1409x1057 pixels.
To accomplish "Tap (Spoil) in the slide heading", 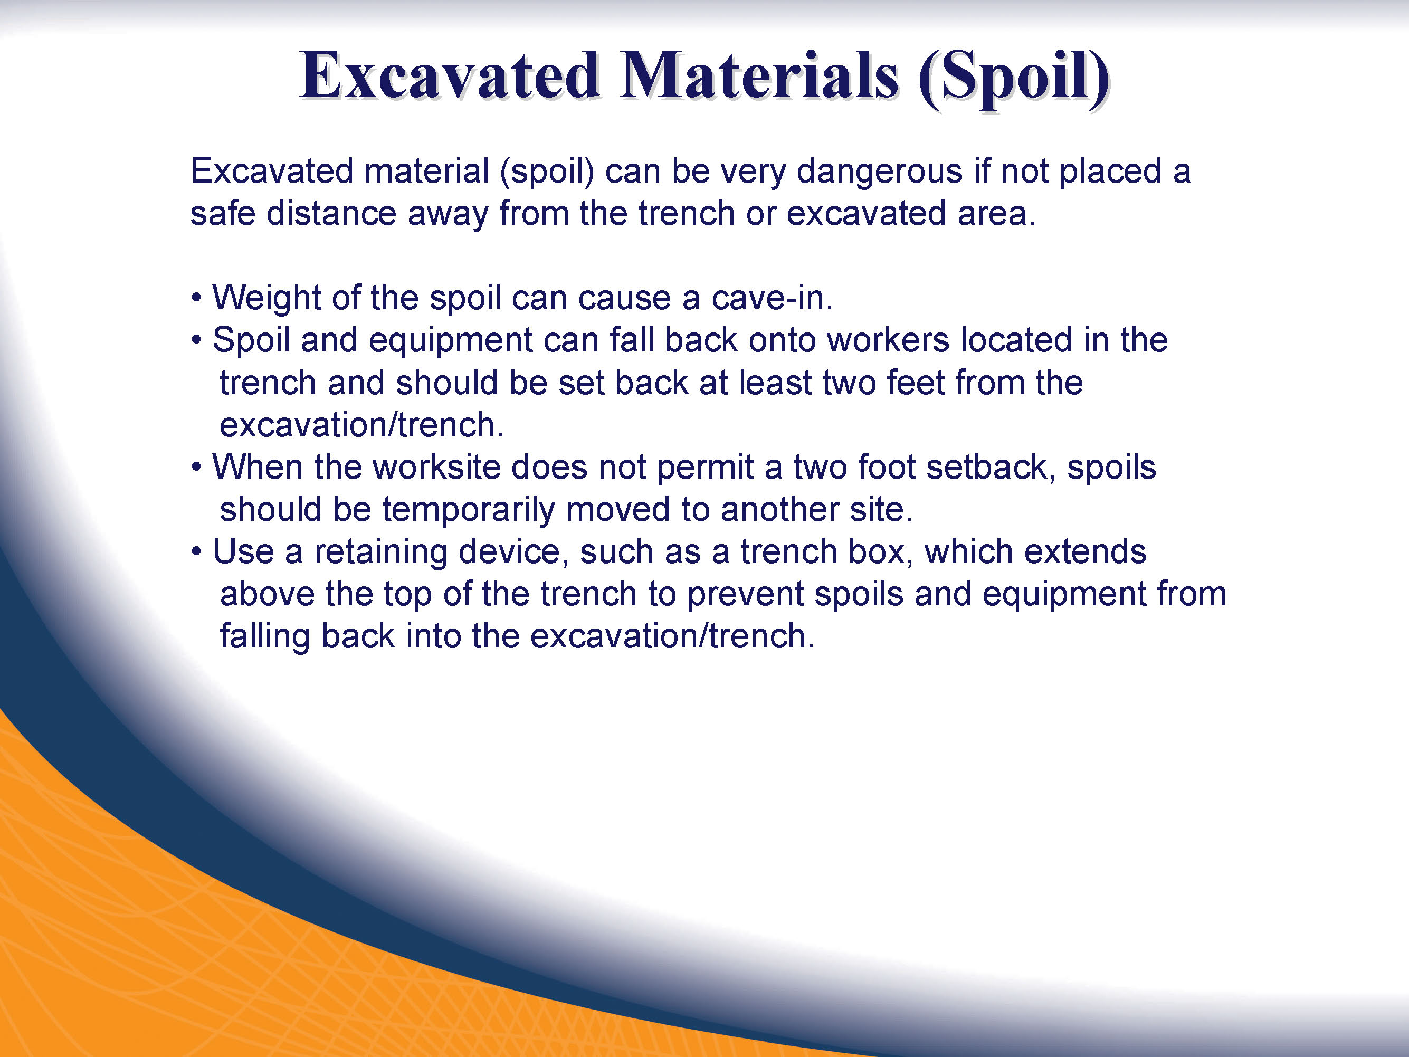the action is click(1014, 79).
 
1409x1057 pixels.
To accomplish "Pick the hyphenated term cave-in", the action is click(772, 298).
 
